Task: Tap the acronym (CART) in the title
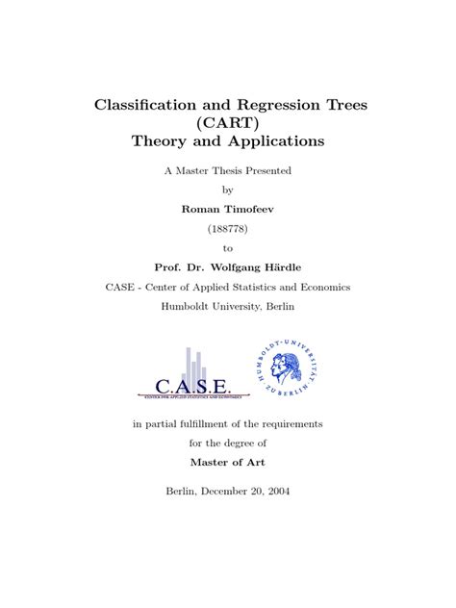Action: pos(228,122)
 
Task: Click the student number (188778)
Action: pos(228,227)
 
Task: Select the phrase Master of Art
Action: pos(228,463)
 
